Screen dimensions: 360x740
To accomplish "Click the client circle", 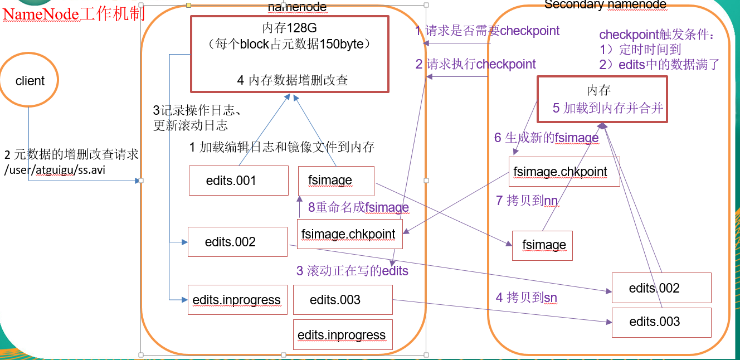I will [x=30, y=81].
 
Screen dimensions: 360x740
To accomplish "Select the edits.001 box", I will [x=238, y=180].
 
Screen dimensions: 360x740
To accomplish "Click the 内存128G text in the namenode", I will [x=289, y=28].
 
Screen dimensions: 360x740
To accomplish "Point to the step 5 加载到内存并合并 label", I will [x=608, y=108].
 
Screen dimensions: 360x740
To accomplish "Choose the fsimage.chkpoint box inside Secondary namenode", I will [x=563, y=171].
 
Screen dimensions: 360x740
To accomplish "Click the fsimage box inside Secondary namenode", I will [x=542, y=245].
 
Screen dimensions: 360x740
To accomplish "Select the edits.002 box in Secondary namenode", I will [x=661, y=288].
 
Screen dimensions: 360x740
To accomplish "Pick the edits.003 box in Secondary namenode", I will [x=661, y=322].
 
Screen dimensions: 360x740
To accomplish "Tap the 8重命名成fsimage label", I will [x=358, y=207].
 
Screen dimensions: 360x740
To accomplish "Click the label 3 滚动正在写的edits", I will [x=352, y=271].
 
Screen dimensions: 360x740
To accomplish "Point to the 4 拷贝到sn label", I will [x=527, y=298].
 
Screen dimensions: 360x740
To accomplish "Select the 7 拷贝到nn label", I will [x=527, y=201].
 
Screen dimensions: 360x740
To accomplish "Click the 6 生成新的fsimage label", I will [x=546, y=138].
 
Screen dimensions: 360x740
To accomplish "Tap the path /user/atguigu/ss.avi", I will [x=55, y=170].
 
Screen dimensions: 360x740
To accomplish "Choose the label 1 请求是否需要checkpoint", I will [x=488, y=31].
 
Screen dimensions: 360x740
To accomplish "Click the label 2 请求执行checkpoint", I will [x=476, y=64].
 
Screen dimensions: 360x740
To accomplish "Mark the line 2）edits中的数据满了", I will [x=659, y=65].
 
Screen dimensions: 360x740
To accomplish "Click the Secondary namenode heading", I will [x=605, y=5].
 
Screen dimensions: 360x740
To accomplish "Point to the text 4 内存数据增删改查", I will [x=293, y=80].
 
